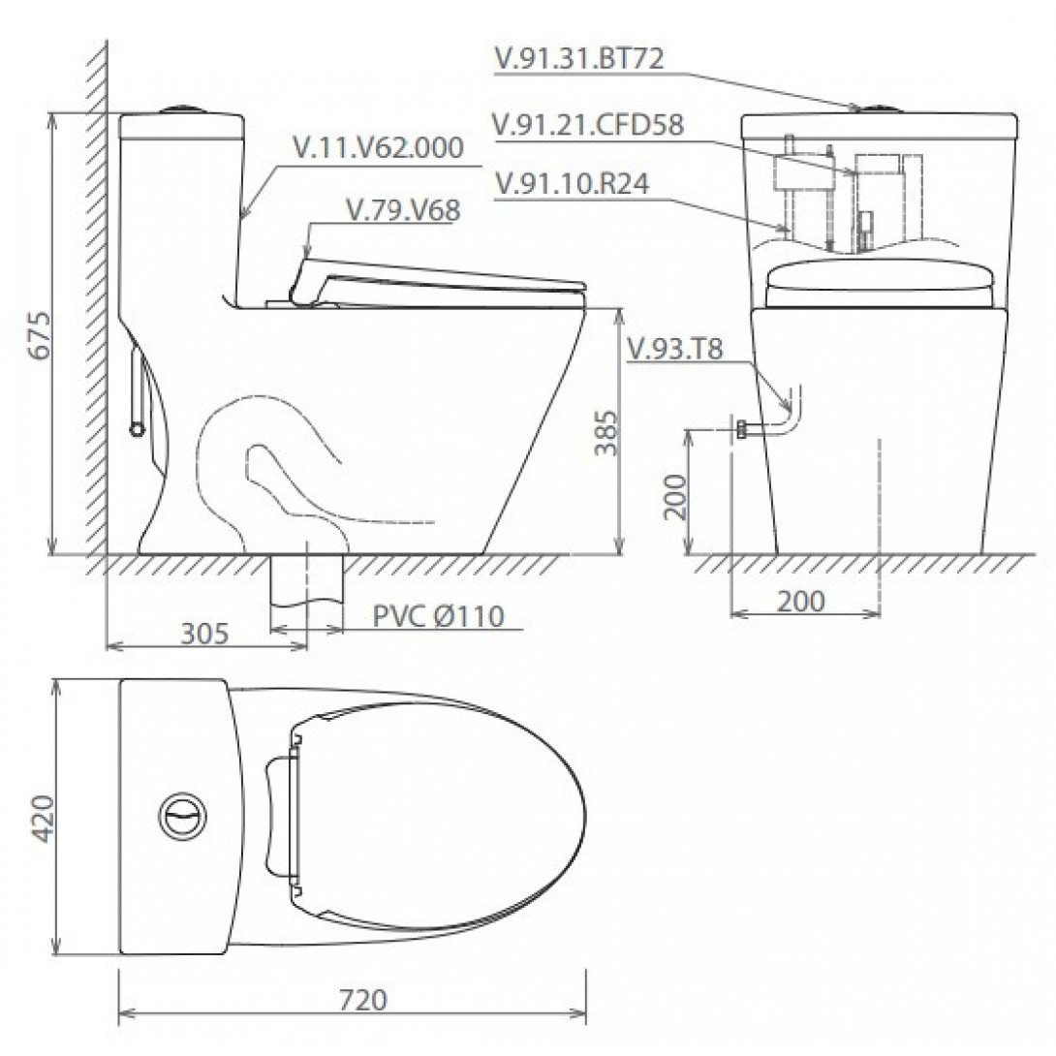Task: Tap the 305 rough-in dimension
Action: click(x=204, y=634)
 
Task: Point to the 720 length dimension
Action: click(x=363, y=999)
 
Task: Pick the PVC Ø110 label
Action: click(x=438, y=616)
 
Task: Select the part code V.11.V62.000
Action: click(x=378, y=147)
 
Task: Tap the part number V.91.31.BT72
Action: click(x=577, y=59)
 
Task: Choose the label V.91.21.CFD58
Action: click(x=587, y=125)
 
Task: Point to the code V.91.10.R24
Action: click(x=571, y=183)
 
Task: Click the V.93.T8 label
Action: click(x=674, y=350)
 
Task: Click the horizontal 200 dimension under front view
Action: click(x=801, y=601)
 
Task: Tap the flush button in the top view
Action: click(x=180, y=816)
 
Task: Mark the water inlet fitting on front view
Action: click(x=743, y=429)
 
